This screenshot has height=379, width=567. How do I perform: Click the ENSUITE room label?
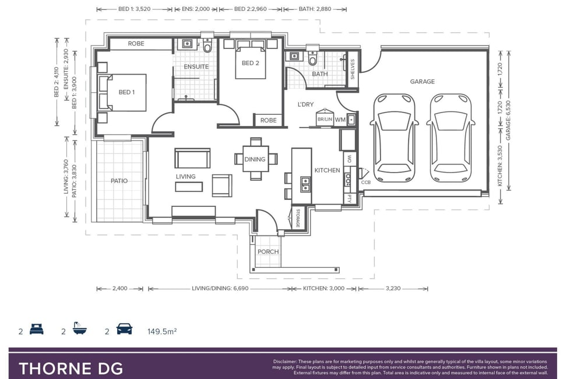(x=196, y=66)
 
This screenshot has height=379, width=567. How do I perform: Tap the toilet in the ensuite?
(x=207, y=45)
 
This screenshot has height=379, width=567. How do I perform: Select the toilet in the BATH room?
(x=313, y=58)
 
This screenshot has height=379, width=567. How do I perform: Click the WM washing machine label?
(x=340, y=120)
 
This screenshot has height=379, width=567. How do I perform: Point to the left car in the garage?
(x=394, y=138)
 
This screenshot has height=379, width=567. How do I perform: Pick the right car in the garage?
(x=450, y=138)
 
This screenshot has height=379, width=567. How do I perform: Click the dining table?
(x=255, y=159)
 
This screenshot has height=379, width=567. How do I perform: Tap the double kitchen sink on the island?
(x=305, y=184)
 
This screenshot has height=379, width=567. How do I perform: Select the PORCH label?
(x=268, y=251)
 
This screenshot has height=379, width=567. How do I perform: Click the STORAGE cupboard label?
(x=298, y=218)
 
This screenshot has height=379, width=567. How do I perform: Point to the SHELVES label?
(x=353, y=69)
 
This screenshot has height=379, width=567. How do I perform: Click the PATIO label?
(x=119, y=181)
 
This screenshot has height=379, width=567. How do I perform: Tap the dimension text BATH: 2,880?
(x=315, y=9)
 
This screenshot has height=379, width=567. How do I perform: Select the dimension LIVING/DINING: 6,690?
(x=220, y=289)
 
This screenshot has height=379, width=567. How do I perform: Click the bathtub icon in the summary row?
(x=80, y=328)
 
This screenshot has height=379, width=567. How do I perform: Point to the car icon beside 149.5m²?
(x=124, y=329)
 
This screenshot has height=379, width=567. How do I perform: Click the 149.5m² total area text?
(x=162, y=331)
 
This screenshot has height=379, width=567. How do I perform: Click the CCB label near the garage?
(x=365, y=182)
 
